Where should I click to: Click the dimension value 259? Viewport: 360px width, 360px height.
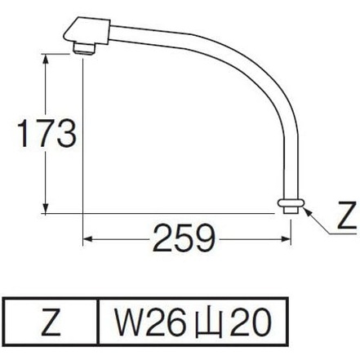tap(185, 240)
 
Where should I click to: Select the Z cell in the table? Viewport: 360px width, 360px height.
tap(51, 326)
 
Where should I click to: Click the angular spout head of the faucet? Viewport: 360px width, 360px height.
tap(87, 31)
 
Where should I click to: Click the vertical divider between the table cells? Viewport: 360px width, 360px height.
tap(98, 326)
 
